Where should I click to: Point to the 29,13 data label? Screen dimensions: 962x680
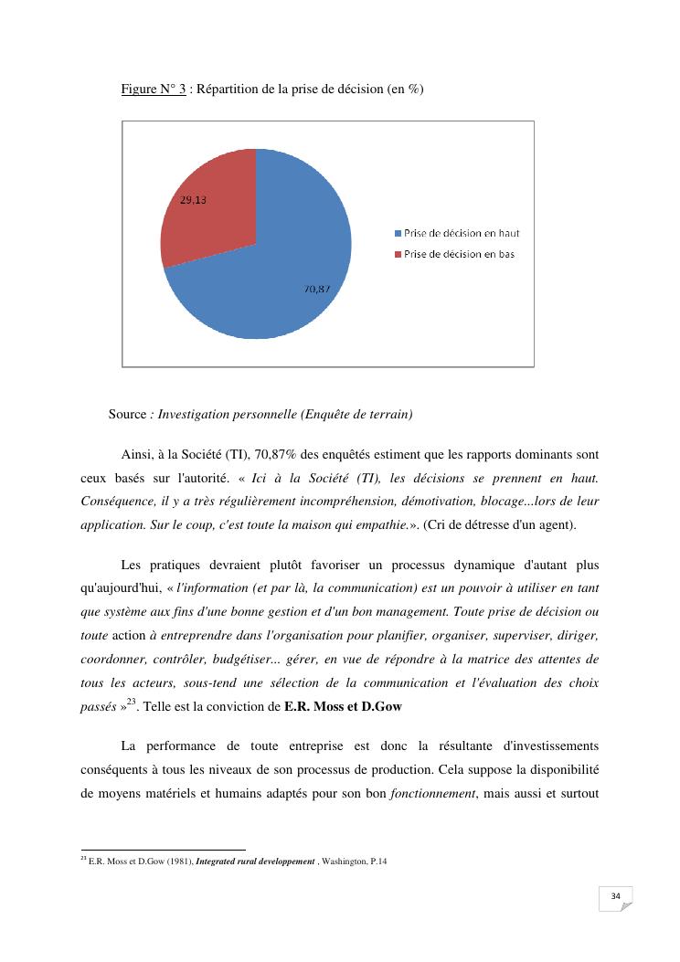point(192,202)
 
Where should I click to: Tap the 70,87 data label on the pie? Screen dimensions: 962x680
point(317,289)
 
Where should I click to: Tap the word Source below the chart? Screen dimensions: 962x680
point(127,415)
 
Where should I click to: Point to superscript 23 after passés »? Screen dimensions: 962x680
point(132,702)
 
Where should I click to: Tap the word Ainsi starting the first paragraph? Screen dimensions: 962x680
point(137,454)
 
